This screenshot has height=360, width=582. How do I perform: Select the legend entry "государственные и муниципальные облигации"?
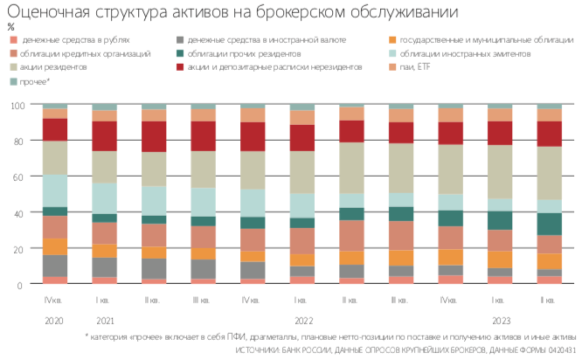click(481, 40)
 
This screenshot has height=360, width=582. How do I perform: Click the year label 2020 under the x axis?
click(55, 319)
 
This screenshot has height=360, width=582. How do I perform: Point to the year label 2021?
click(105, 319)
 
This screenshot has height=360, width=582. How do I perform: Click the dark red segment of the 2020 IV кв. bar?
click(55, 129)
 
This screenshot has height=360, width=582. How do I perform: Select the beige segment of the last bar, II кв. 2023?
click(550, 172)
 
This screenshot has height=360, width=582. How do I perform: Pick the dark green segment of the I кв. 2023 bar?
click(500, 219)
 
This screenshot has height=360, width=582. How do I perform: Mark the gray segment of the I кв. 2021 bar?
click(105, 267)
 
